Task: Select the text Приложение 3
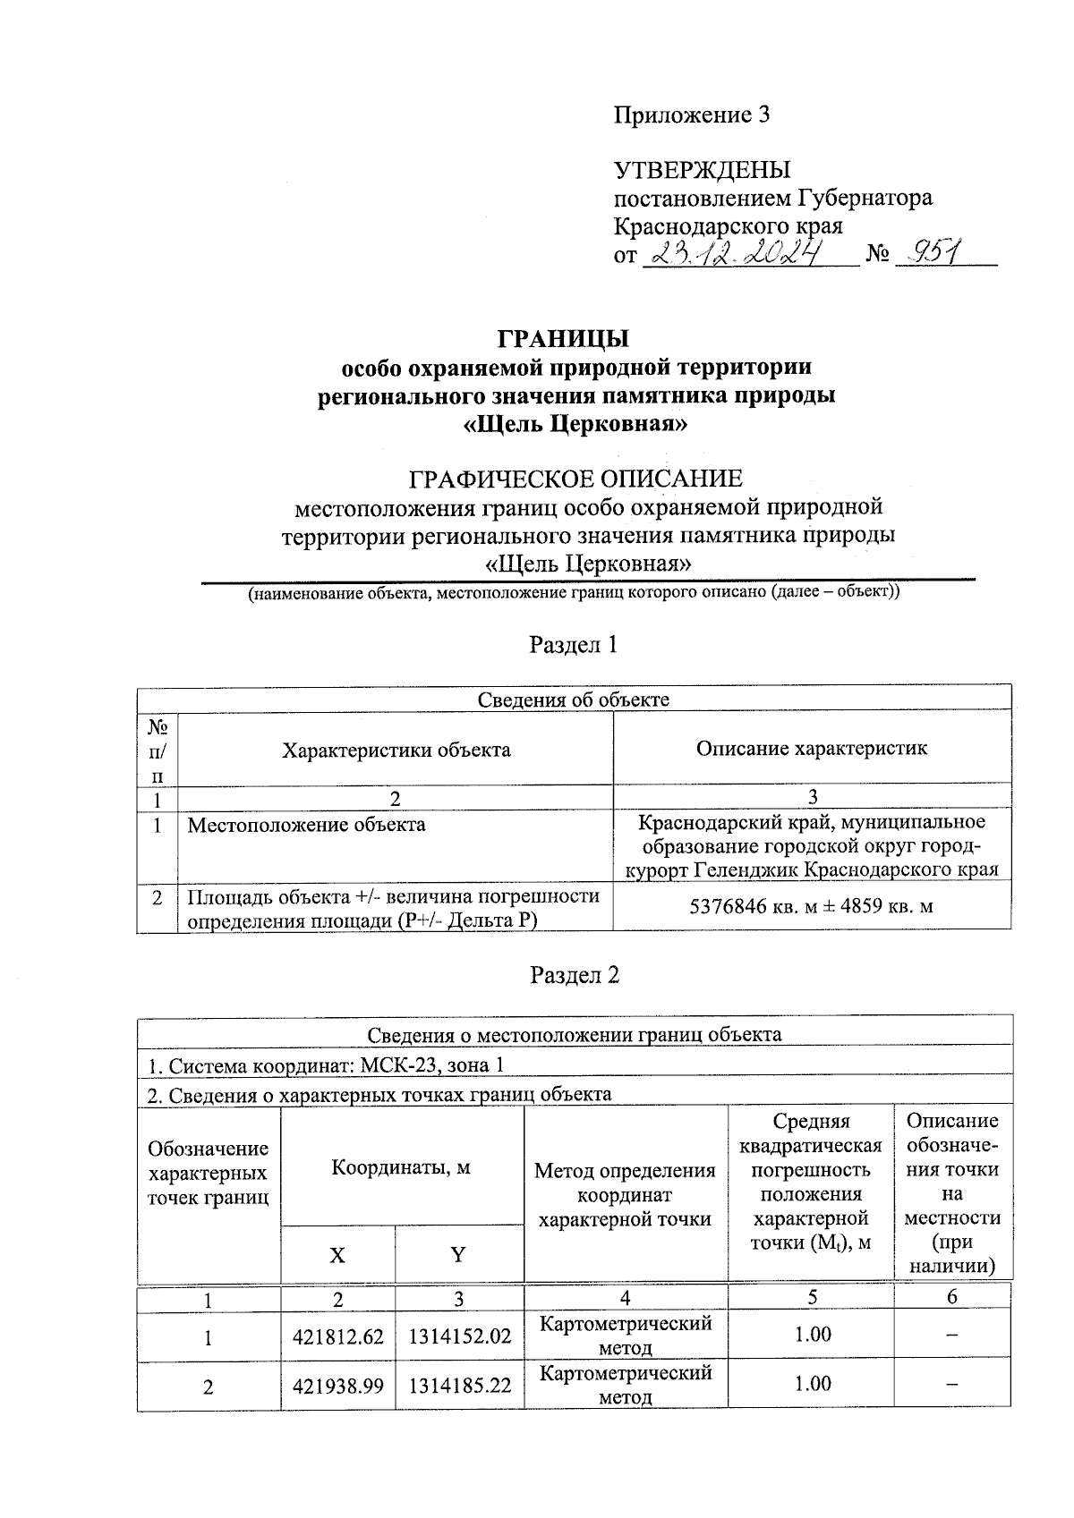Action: point(691,115)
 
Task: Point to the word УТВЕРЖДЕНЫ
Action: point(702,170)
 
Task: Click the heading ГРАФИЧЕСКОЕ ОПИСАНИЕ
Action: point(575,479)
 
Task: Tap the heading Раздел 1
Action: point(574,645)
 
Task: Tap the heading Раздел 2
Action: point(574,975)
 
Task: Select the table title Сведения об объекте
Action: point(573,700)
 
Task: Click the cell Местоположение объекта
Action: point(306,825)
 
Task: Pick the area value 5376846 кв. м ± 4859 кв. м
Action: point(811,906)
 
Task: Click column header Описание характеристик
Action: point(811,749)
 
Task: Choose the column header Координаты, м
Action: point(401,1167)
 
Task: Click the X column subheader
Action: point(337,1255)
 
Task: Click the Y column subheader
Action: point(458,1255)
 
